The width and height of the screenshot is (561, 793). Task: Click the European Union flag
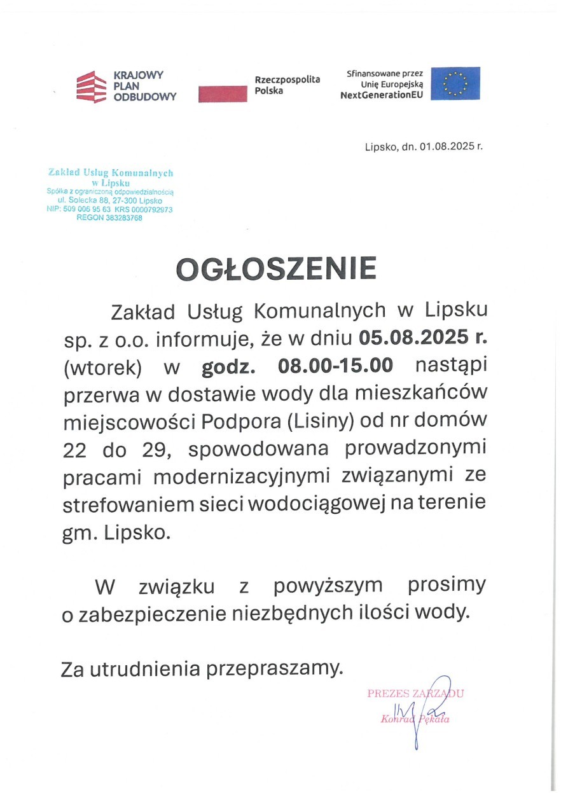[x=455, y=83]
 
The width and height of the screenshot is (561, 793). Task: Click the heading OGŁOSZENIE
[x=276, y=269]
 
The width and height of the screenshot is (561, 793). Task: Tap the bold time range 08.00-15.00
[x=336, y=366]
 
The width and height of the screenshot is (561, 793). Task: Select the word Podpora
[x=234, y=420]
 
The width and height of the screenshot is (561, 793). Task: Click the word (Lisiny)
[x=312, y=420]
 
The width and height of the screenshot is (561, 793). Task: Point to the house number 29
[x=151, y=448]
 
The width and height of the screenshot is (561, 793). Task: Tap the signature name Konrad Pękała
[x=415, y=719]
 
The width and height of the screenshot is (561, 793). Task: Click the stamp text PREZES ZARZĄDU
[x=415, y=694]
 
